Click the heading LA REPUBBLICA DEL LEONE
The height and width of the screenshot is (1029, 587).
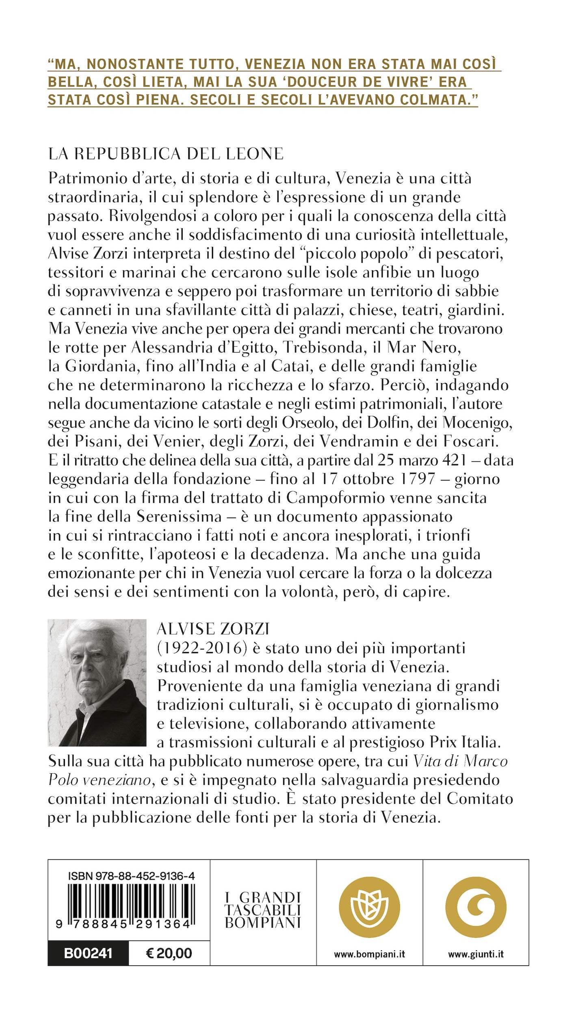[x=165, y=154]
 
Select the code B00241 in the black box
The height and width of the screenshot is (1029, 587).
[x=88, y=953]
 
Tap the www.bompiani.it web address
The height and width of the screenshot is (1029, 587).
[x=369, y=954]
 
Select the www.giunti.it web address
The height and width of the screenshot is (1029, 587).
[x=476, y=954]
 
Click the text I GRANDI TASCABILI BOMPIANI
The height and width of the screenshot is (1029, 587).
[x=263, y=911]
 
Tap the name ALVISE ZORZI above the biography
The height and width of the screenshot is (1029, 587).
[x=213, y=629]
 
